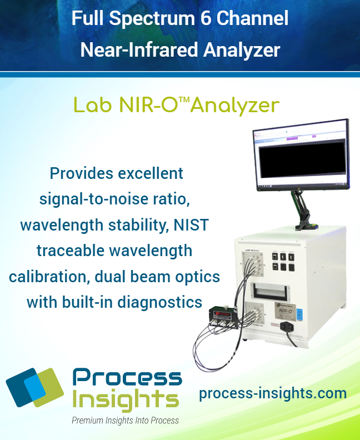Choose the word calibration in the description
(45, 276)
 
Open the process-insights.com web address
(272, 393)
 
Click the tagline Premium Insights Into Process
(125, 421)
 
